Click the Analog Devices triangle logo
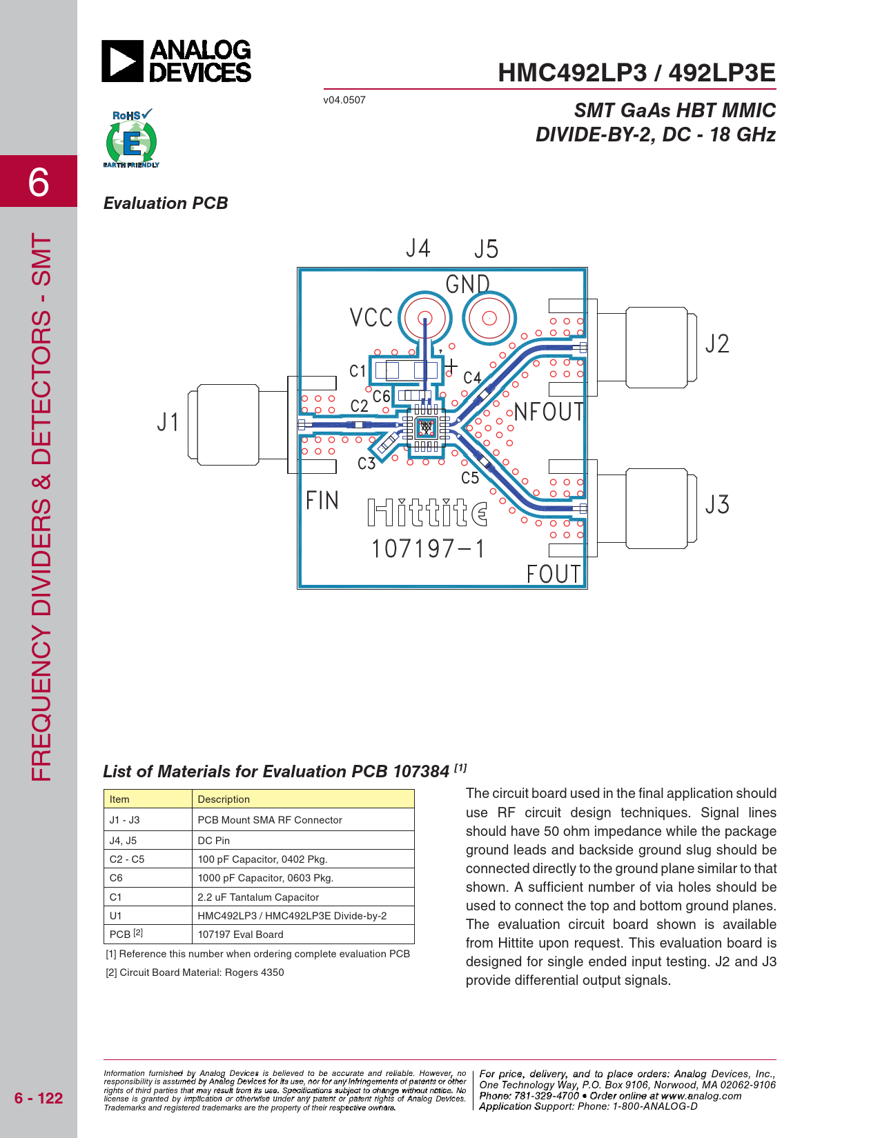[x=122, y=61]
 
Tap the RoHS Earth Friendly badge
[x=131, y=138]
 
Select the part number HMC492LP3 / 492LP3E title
[x=636, y=73]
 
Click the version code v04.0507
[x=344, y=100]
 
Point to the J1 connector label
[x=168, y=422]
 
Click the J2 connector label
[x=717, y=344]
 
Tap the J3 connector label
[x=717, y=505]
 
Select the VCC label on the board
[x=371, y=317]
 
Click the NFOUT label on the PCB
[x=548, y=412]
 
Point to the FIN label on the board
[x=322, y=501]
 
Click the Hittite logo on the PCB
[x=428, y=512]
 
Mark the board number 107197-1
[x=428, y=549]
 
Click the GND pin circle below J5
[x=489, y=318]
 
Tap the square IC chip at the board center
[x=426, y=428]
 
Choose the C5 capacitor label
[x=470, y=477]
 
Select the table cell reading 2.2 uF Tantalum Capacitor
[x=258, y=897]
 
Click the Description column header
[x=223, y=799]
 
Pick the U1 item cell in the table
[x=115, y=916]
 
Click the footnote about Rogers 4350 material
[x=195, y=972]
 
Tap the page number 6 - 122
[x=38, y=1098]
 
